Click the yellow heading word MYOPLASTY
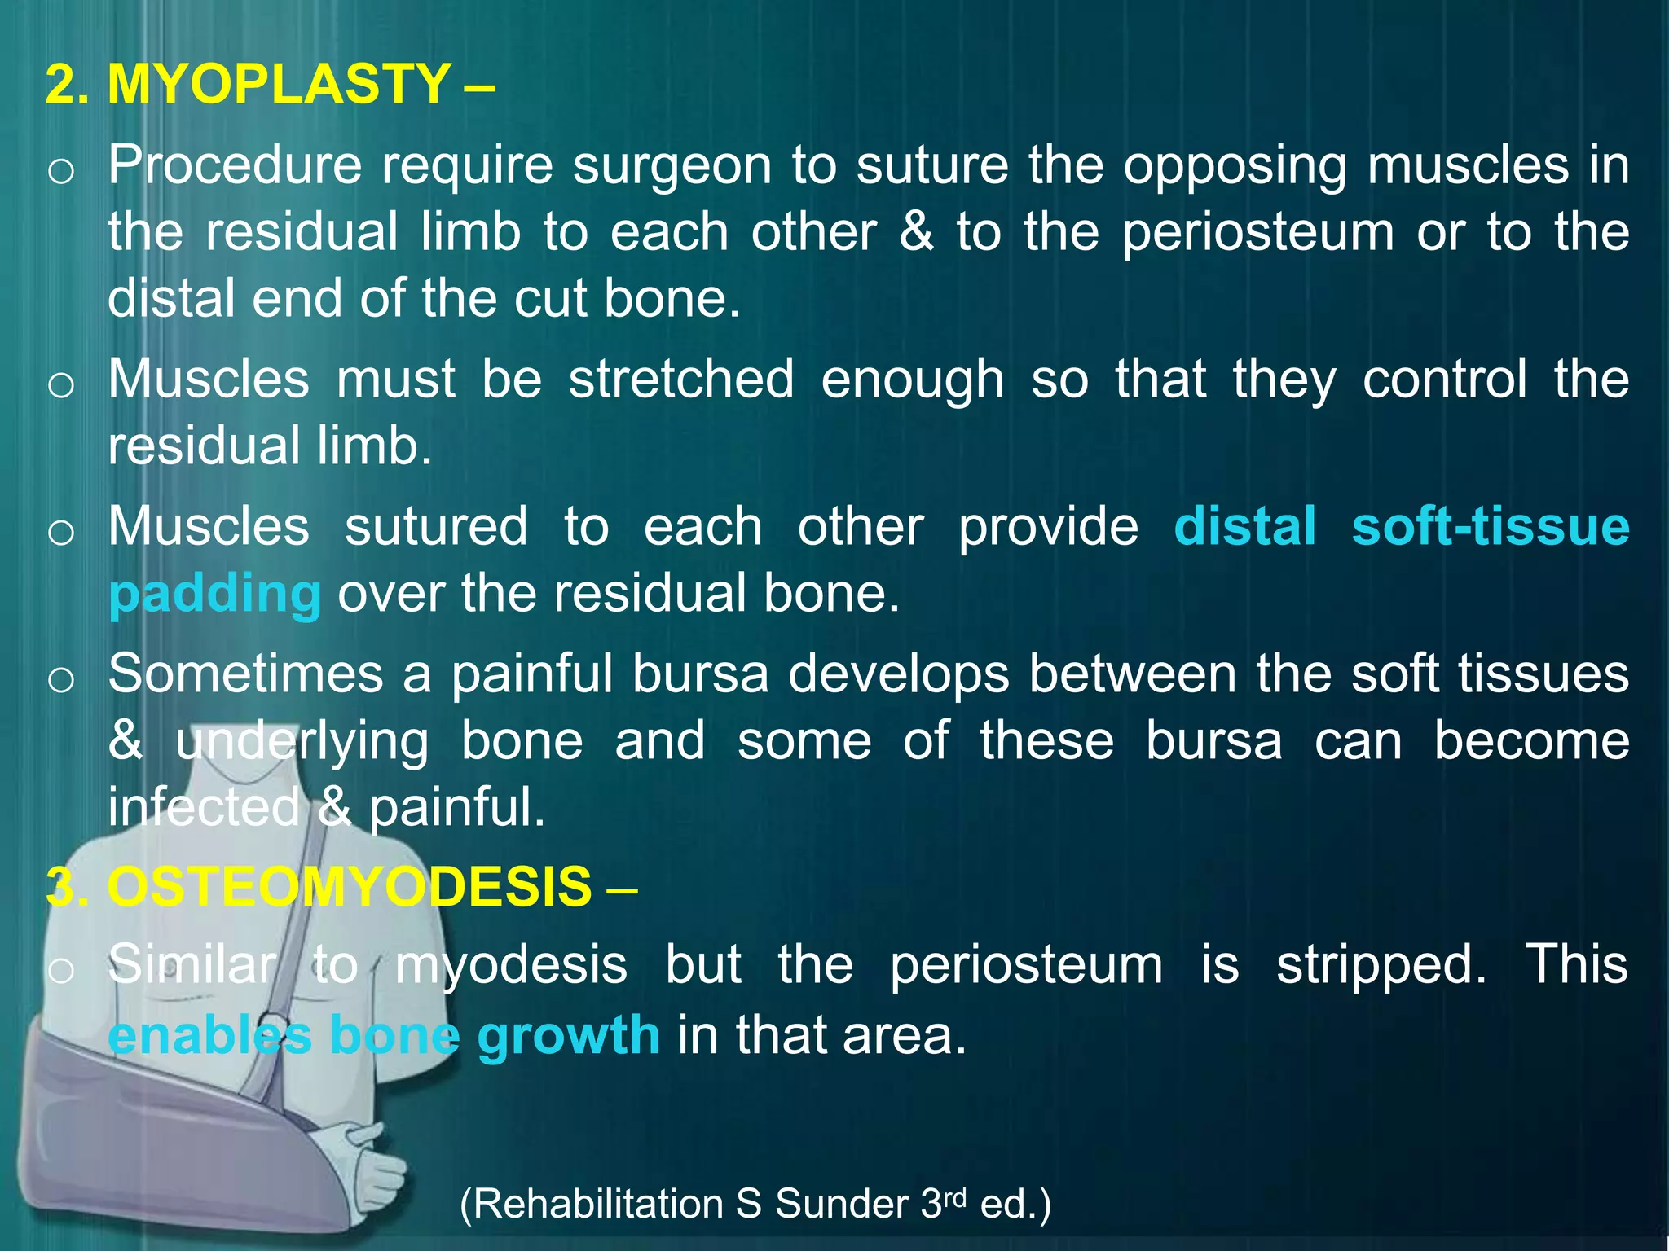tap(279, 84)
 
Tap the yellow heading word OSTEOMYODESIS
tap(349, 887)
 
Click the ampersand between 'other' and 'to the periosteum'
tap(916, 232)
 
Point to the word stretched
tap(680, 380)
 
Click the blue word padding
tap(215, 594)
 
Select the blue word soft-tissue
tap(1490, 526)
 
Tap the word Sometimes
tap(245, 674)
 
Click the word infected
tap(204, 808)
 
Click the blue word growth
tap(568, 1036)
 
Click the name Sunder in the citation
tap(841, 1204)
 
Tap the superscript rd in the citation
tap(955, 1196)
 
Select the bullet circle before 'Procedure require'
tap(61, 172)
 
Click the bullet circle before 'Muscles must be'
tap(61, 385)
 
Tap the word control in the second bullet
tap(1444, 380)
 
